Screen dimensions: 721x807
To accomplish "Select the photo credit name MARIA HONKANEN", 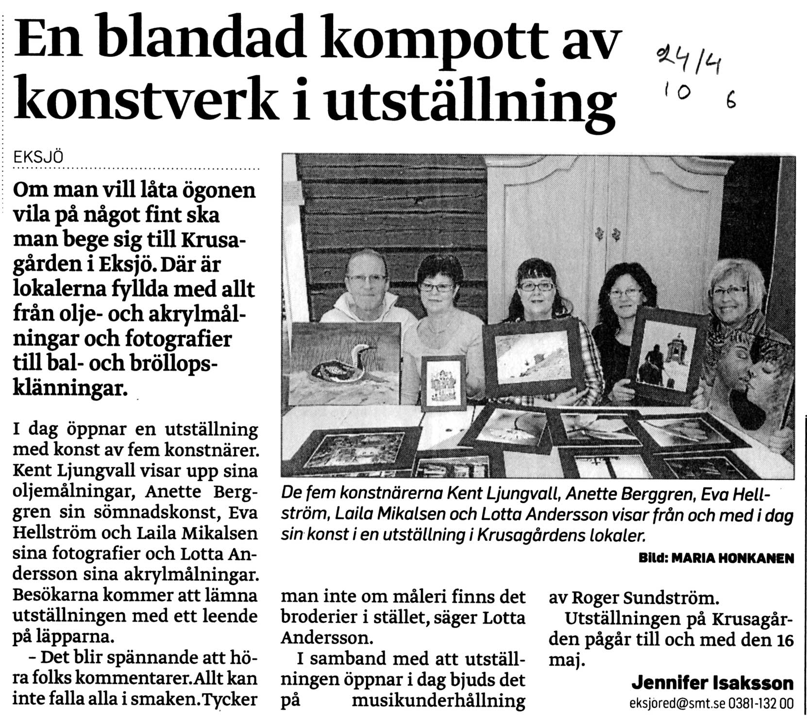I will [x=733, y=559].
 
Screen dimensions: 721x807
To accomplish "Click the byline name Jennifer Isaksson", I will [x=712, y=683].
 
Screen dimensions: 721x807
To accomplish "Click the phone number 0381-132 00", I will [x=761, y=704].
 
